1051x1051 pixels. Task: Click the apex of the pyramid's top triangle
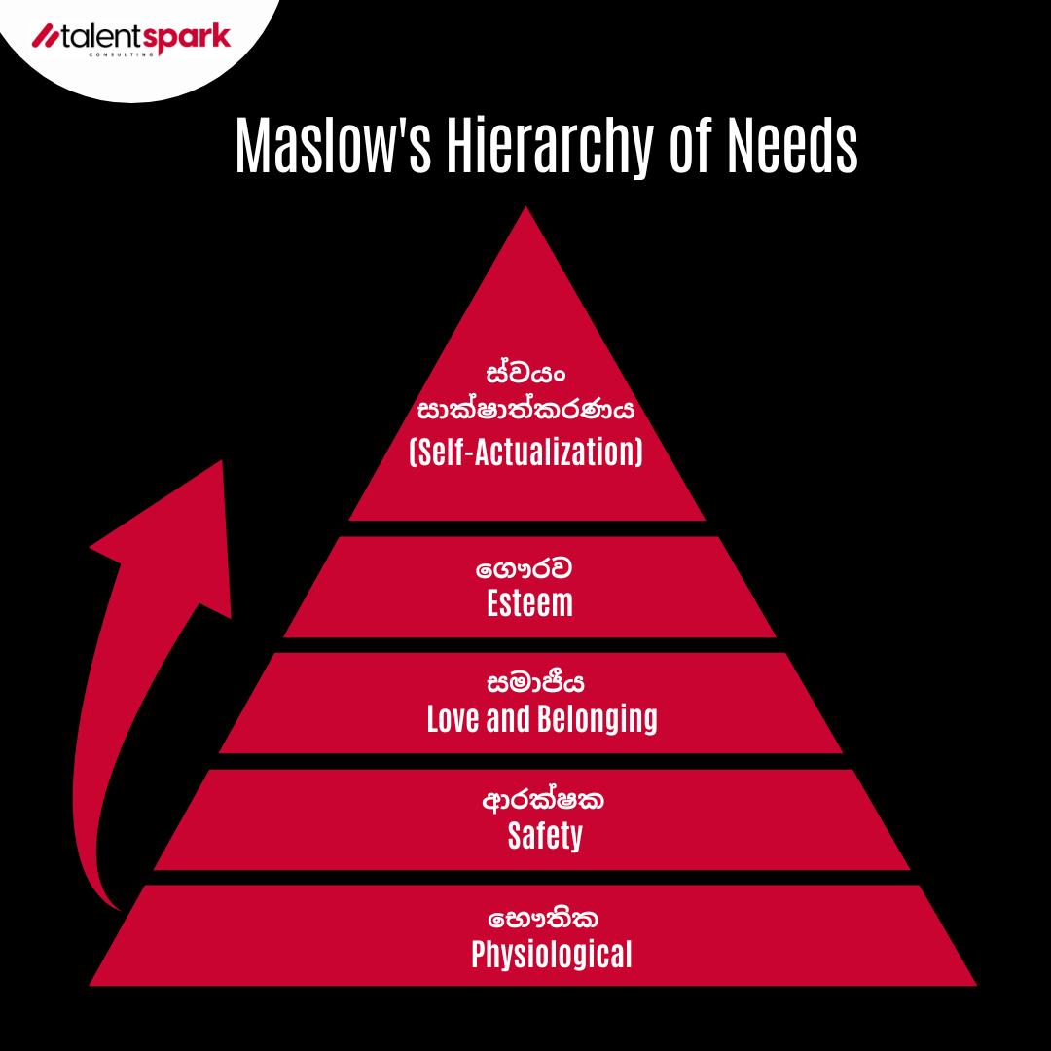pos(525,206)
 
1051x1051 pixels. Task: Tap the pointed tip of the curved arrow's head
pos(221,460)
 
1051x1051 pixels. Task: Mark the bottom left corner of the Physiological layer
pos(90,985)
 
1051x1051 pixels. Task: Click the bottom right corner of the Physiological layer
pos(976,985)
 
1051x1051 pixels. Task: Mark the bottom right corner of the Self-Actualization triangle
pos(706,520)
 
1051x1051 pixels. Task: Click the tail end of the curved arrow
pos(121,910)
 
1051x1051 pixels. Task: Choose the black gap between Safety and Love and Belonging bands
pos(531,761)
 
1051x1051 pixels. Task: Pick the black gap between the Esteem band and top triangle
pos(527,528)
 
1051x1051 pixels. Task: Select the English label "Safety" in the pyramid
pos(545,836)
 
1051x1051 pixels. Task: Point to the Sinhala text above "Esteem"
pos(525,569)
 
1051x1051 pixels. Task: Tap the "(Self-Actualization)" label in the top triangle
pos(526,452)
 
